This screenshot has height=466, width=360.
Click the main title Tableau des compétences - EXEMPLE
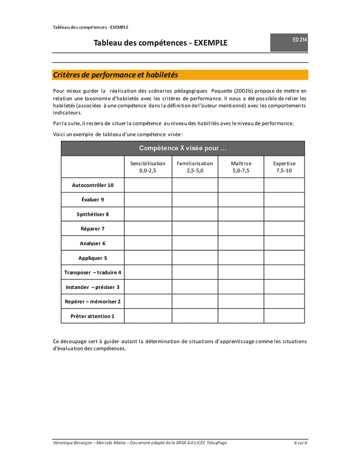(x=160, y=43)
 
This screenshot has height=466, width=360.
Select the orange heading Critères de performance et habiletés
(x=116, y=75)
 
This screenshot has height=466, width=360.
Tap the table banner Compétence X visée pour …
(x=183, y=148)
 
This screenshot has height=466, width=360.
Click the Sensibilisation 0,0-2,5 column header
(x=148, y=167)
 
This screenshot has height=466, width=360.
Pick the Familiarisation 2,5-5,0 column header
(x=195, y=167)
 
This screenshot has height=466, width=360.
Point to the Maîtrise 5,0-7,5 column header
(x=241, y=167)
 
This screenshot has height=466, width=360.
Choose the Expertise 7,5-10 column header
(x=284, y=167)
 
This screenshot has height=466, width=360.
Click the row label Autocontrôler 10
(x=93, y=185)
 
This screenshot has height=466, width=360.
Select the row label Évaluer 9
(x=93, y=199)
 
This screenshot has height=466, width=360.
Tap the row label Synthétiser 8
(x=93, y=214)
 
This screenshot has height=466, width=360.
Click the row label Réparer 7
(x=93, y=228)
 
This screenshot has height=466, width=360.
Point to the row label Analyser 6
(x=93, y=243)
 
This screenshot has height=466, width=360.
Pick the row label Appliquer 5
(x=93, y=257)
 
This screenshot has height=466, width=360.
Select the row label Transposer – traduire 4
(x=93, y=272)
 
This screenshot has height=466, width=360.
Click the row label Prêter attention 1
(x=93, y=316)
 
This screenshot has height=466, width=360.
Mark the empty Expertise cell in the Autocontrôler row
(x=284, y=185)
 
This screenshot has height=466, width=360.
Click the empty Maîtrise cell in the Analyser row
(x=241, y=243)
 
